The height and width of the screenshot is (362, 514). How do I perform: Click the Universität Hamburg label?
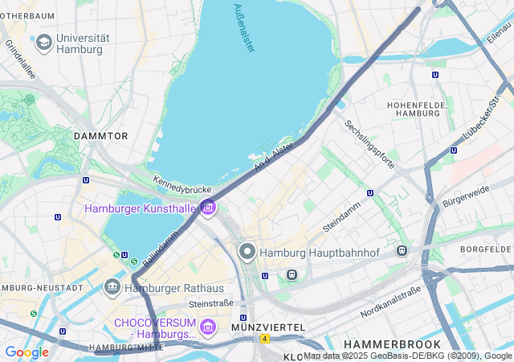click(78, 43)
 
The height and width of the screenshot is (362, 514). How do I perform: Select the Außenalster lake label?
click(244, 28)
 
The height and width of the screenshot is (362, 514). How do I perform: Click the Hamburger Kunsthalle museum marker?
click(208, 208)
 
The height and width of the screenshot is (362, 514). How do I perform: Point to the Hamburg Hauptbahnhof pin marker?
click(247, 252)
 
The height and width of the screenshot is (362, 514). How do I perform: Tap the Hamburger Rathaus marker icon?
click(112, 286)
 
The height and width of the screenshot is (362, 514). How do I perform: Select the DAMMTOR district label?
click(101, 136)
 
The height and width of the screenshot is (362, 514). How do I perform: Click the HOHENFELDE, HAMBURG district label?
click(414, 109)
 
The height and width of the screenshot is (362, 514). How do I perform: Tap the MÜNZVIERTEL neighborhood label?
click(267, 327)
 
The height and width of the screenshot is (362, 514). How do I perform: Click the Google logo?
click(27, 352)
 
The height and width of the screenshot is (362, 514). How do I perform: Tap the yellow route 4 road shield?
click(264, 339)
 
